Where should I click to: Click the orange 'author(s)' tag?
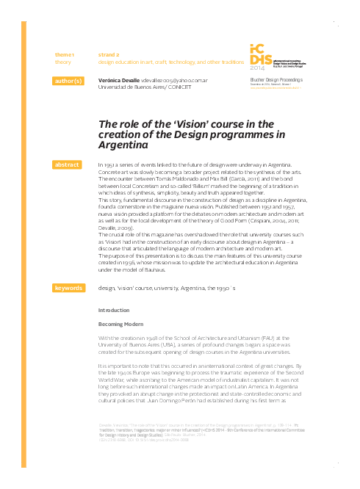click(x=68, y=81)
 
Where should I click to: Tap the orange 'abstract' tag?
click(x=68, y=164)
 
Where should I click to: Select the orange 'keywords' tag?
click(x=68, y=289)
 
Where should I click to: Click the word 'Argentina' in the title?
click(x=123, y=146)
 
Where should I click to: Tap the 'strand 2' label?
click(x=109, y=55)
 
